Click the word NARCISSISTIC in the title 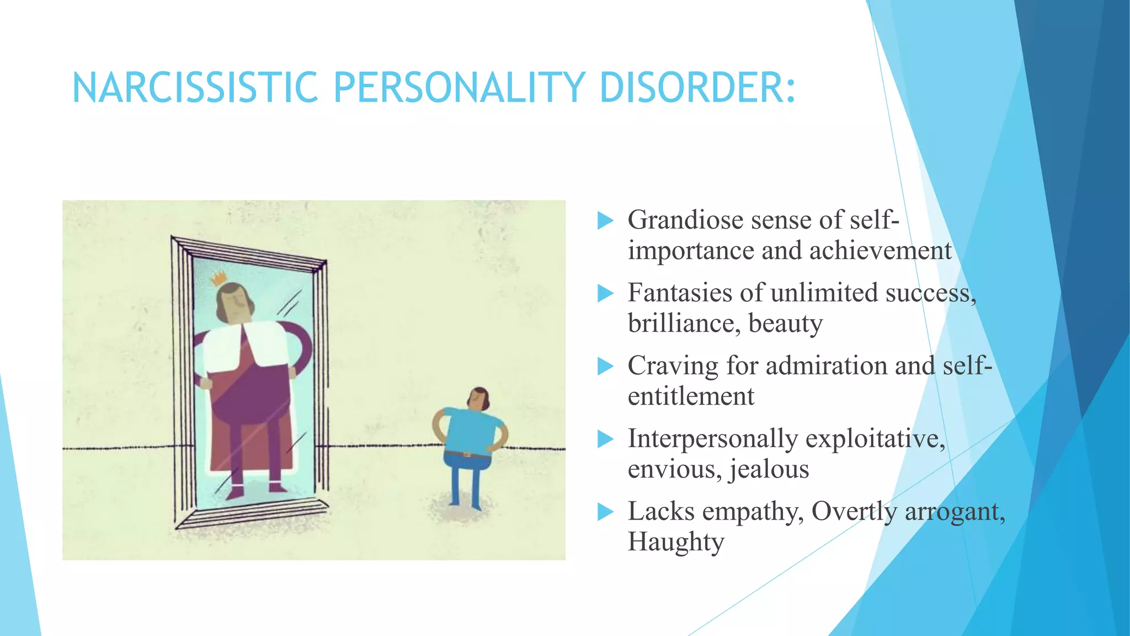coord(195,88)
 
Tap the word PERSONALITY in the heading coord(459,88)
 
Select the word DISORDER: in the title coord(697,88)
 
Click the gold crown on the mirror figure coord(220,278)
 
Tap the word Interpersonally coord(713,439)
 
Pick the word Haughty coord(676,542)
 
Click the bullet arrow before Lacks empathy coord(605,512)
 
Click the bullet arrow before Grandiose coord(605,221)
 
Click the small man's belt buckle coord(467,454)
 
